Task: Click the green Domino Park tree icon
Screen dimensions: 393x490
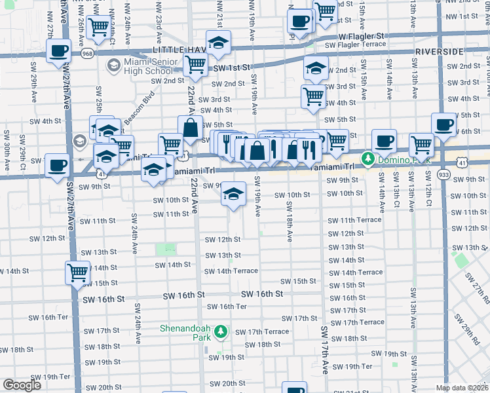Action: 369,159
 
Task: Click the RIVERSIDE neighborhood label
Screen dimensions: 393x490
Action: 440,50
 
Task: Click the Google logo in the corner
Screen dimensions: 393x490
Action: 22,385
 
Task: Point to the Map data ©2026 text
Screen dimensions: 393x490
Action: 461,388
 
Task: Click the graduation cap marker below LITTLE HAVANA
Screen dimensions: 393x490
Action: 219,43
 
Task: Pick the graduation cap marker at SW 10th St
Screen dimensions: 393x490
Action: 233,194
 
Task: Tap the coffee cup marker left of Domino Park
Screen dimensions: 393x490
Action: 384,141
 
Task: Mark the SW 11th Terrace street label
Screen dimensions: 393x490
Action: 355,220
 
